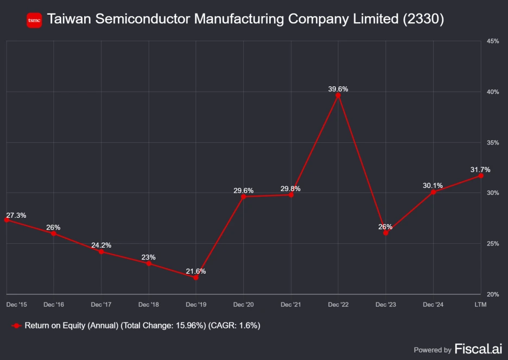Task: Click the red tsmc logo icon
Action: (x=34, y=20)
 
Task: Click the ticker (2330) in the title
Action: (x=423, y=20)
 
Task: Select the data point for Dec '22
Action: (x=338, y=96)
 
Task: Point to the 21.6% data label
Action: (x=196, y=271)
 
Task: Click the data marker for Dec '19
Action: (x=196, y=277)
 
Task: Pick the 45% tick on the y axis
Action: (x=493, y=41)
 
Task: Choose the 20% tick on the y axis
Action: (x=493, y=294)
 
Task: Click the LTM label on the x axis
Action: (x=480, y=305)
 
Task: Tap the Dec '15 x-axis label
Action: (x=16, y=305)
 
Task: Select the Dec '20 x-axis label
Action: (x=243, y=305)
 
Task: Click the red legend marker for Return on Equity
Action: (x=16, y=326)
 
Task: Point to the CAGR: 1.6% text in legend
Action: (x=236, y=326)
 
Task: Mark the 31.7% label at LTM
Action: (x=480, y=169)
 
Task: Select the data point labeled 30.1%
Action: (x=433, y=192)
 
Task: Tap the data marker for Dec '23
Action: (x=386, y=233)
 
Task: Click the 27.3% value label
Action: (x=16, y=215)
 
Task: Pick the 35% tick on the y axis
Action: (x=493, y=142)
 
